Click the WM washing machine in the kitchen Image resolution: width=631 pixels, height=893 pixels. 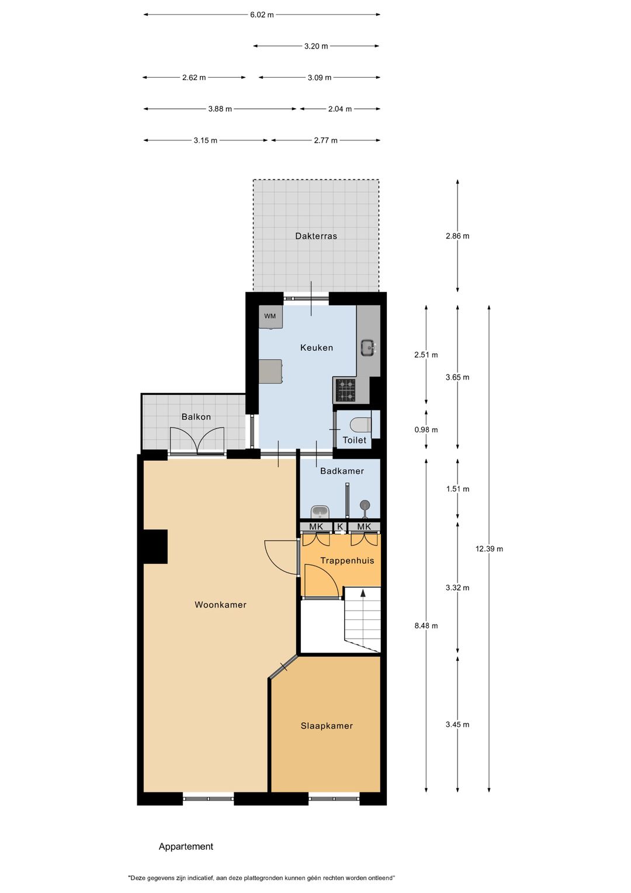(271, 317)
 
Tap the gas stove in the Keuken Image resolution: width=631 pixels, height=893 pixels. (345, 390)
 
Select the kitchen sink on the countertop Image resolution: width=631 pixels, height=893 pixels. (368, 347)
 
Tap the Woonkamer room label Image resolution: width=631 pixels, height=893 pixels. (220, 605)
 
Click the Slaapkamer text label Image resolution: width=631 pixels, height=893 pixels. (327, 726)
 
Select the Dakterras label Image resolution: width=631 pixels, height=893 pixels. (316, 236)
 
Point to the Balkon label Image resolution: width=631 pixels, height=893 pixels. (196, 417)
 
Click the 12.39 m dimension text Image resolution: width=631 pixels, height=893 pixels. (489, 549)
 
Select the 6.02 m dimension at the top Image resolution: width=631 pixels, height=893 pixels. (262, 15)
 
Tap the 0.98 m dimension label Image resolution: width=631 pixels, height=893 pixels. (426, 430)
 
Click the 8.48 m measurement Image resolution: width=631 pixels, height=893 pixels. (426, 626)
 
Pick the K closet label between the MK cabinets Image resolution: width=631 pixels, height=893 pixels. (340, 527)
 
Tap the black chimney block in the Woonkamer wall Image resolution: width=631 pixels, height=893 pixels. (155, 547)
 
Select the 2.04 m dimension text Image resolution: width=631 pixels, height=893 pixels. (340, 109)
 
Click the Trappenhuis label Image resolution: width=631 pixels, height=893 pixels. (348, 560)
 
